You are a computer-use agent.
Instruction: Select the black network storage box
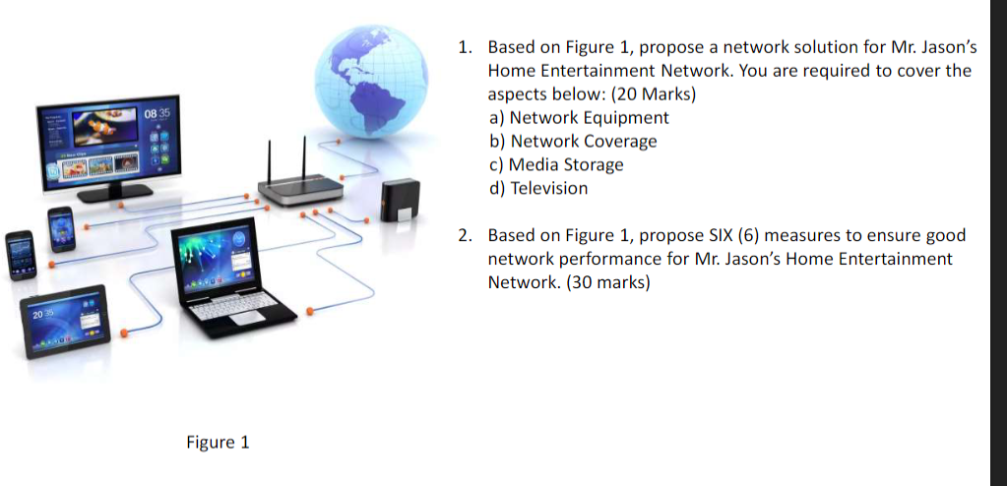click(x=402, y=202)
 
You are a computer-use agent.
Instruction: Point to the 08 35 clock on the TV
click(x=157, y=116)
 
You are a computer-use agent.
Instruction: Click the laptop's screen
click(x=214, y=257)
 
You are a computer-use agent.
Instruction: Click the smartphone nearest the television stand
click(x=61, y=229)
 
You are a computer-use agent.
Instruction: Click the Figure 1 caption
click(x=218, y=442)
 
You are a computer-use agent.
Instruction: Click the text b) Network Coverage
click(x=573, y=142)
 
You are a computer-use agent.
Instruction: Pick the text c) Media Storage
click(x=556, y=165)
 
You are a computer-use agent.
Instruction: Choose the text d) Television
click(x=538, y=189)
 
